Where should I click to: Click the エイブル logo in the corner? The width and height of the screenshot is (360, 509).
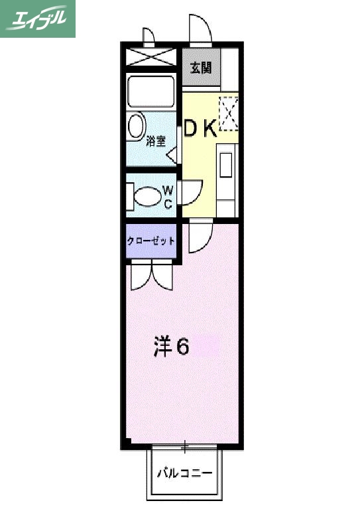(37, 18)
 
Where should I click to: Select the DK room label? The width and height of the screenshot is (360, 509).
(200, 128)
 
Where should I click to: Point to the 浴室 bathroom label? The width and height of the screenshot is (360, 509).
(156, 140)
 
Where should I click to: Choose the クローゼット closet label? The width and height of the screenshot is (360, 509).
(151, 241)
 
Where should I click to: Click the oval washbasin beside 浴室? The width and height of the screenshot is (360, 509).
(137, 126)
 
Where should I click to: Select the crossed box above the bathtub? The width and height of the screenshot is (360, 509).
(151, 57)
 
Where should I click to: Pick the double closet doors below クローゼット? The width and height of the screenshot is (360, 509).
(152, 275)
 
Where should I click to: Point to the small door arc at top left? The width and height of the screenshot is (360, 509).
(148, 34)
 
